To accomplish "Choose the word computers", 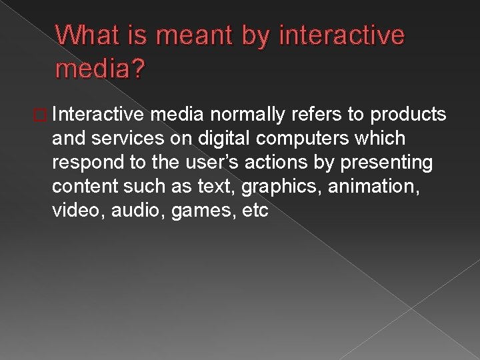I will pos(293,138).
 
